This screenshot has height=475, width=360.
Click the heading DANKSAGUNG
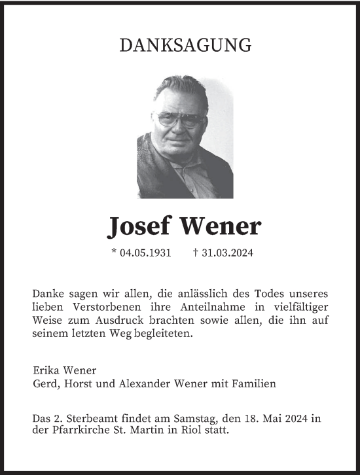point(186,45)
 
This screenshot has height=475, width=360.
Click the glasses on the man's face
point(181,120)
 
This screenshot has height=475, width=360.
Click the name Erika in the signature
point(45,370)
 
